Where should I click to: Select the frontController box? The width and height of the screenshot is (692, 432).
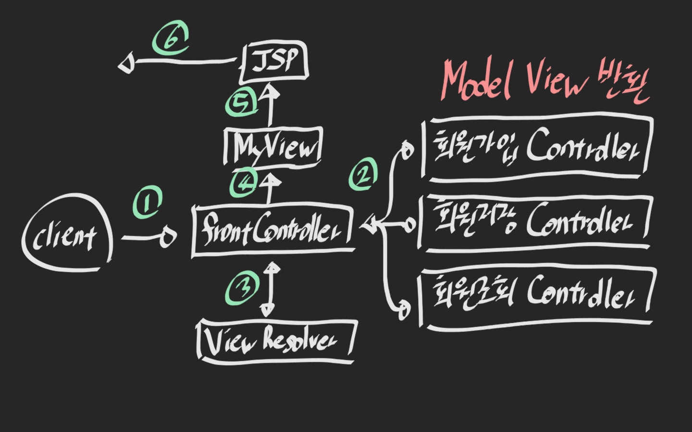(272, 230)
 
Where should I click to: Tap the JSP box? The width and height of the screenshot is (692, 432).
(274, 62)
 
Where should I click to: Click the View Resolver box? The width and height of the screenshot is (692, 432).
(276, 340)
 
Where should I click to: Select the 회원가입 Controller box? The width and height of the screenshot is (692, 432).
(537, 146)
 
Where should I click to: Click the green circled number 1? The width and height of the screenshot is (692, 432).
(148, 203)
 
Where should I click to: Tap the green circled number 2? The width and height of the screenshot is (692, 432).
(363, 175)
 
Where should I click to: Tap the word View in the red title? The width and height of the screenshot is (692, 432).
(557, 80)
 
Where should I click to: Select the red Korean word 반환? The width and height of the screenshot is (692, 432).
(623, 83)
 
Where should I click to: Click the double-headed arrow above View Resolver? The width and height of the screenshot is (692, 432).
(270, 289)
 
